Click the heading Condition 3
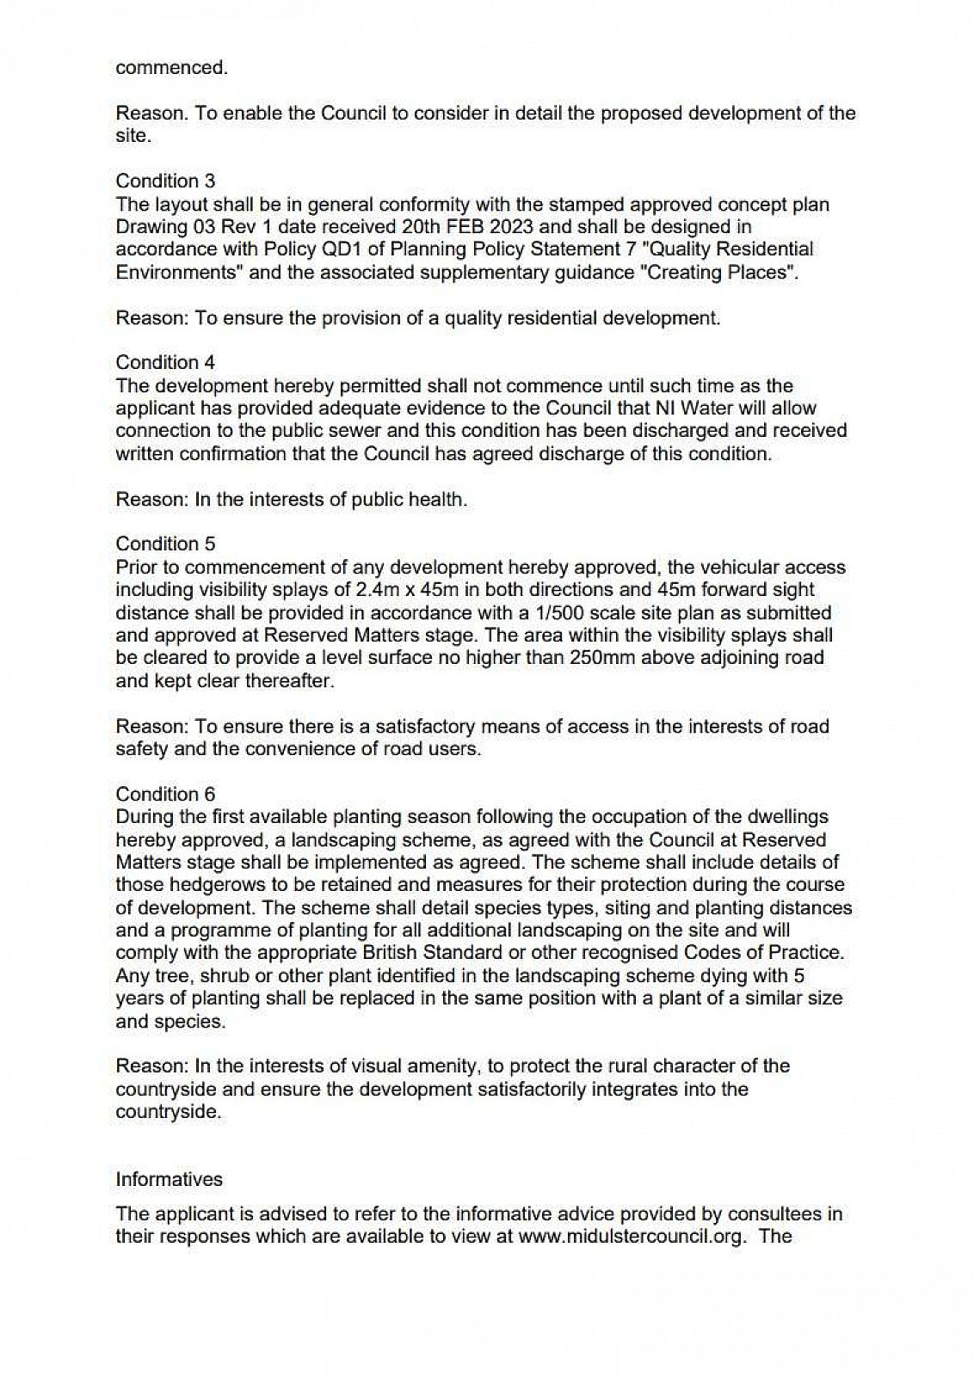tap(165, 181)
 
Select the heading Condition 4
tap(165, 362)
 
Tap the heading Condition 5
tap(165, 544)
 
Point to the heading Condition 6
tap(165, 794)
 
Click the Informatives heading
tap(169, 1179)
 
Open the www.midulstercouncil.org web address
tap(631, 1237)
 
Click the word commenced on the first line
tap(172, 67)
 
